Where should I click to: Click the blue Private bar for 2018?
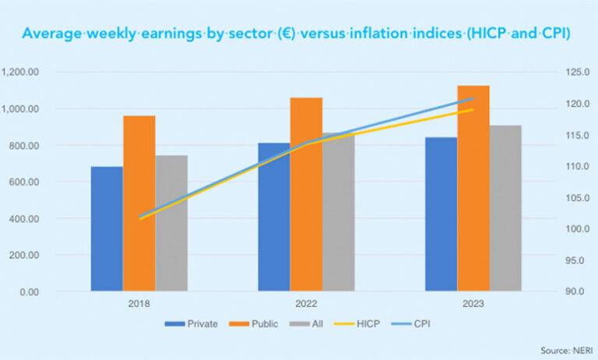(x=107, y=229)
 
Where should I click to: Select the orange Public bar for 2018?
(x=139, y=203)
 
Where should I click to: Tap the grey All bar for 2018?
(x=171, y=223)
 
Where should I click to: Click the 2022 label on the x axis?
(x=306, y=304)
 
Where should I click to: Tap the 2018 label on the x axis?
(x=139, y=304)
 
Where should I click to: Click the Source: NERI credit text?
(x=562, y=350)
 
